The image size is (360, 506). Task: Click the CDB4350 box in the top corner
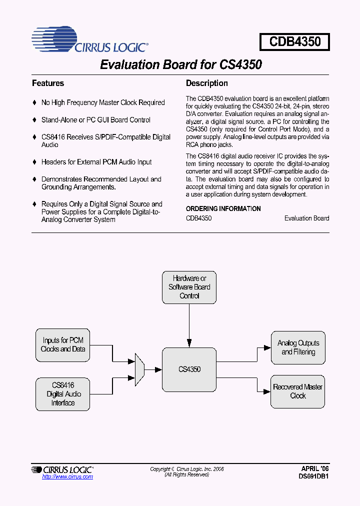[x=294, y=41]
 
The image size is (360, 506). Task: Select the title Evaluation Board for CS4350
[x=181, y=65]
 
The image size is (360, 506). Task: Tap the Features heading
[x=48, y=83]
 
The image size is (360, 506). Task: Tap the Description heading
[x=206, y=83]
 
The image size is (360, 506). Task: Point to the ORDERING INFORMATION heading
[x=223, y=209]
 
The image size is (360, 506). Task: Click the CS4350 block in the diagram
[x=189, y=369]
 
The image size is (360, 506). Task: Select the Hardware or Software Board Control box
[x=189, y=287]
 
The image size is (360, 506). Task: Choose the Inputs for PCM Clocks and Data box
[x=63, y=345]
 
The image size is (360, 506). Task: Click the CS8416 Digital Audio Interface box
[x=63, y=394]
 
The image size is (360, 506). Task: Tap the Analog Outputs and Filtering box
[x=298, y=347]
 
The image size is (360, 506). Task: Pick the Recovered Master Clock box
[x=298, y=391]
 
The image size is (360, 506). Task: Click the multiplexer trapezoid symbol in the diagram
[x=139, y=369]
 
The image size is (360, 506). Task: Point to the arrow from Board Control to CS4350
[x=189, y=325]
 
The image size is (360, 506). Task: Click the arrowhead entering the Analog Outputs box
[x=267, y=345]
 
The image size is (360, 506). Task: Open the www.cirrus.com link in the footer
[x=67, y=477]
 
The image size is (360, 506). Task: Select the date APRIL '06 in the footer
[x=315, y=469]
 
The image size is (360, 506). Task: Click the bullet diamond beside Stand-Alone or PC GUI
[x=34, y=120]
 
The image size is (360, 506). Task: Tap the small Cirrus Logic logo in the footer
[x=62, y=469]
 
